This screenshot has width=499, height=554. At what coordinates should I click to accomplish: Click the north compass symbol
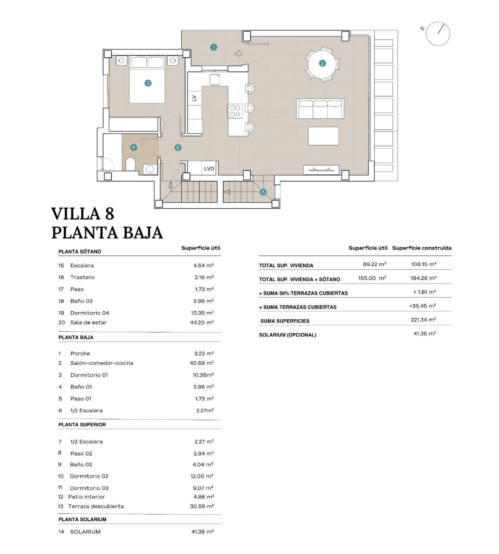tap(438, 34)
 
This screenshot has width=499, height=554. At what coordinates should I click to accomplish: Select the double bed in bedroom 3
tap(148, 79)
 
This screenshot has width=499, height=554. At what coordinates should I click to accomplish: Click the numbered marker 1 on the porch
tap(214, 47)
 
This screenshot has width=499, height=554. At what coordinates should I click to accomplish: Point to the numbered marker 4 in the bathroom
tap(133, 147)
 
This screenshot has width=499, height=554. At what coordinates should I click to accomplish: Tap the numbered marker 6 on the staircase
tap(263, 192)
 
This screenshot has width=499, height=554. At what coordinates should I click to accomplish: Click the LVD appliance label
tap(209, 169)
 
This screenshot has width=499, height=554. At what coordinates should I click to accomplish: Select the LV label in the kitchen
tap(194, 98)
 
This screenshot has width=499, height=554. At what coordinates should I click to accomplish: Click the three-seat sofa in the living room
tap(320, 109)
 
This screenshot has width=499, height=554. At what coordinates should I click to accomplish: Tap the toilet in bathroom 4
tap(131, 164)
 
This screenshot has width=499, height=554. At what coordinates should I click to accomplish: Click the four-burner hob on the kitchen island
tap(235, 111)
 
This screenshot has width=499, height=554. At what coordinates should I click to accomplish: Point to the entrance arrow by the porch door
tap(239, 53)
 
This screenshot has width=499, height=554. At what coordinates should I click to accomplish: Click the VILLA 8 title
tap(82, 214)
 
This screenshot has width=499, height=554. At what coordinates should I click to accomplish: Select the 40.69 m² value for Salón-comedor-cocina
tap(202, 363)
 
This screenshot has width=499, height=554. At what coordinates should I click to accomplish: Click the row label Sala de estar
tap(88, 323)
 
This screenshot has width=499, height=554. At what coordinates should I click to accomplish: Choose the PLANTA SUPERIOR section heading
tap(82, 424)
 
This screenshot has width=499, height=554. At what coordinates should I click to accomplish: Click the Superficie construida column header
tap(421, 248)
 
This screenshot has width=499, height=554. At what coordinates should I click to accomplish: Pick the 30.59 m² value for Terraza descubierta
tap(202, 506)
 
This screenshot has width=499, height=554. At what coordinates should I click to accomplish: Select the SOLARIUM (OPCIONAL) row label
tap(287, 335)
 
